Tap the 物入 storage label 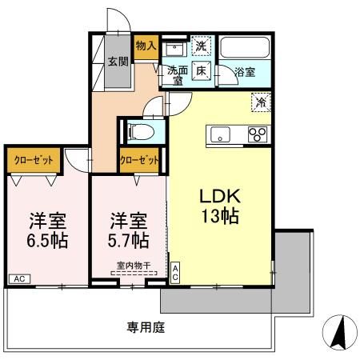click(x=145, y=46)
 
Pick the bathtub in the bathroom click(x=246, y=49)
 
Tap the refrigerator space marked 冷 click(x=260, y=102)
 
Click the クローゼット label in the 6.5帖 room click(x=34, y=160)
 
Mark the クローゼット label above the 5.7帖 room click(x=138, y=160)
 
